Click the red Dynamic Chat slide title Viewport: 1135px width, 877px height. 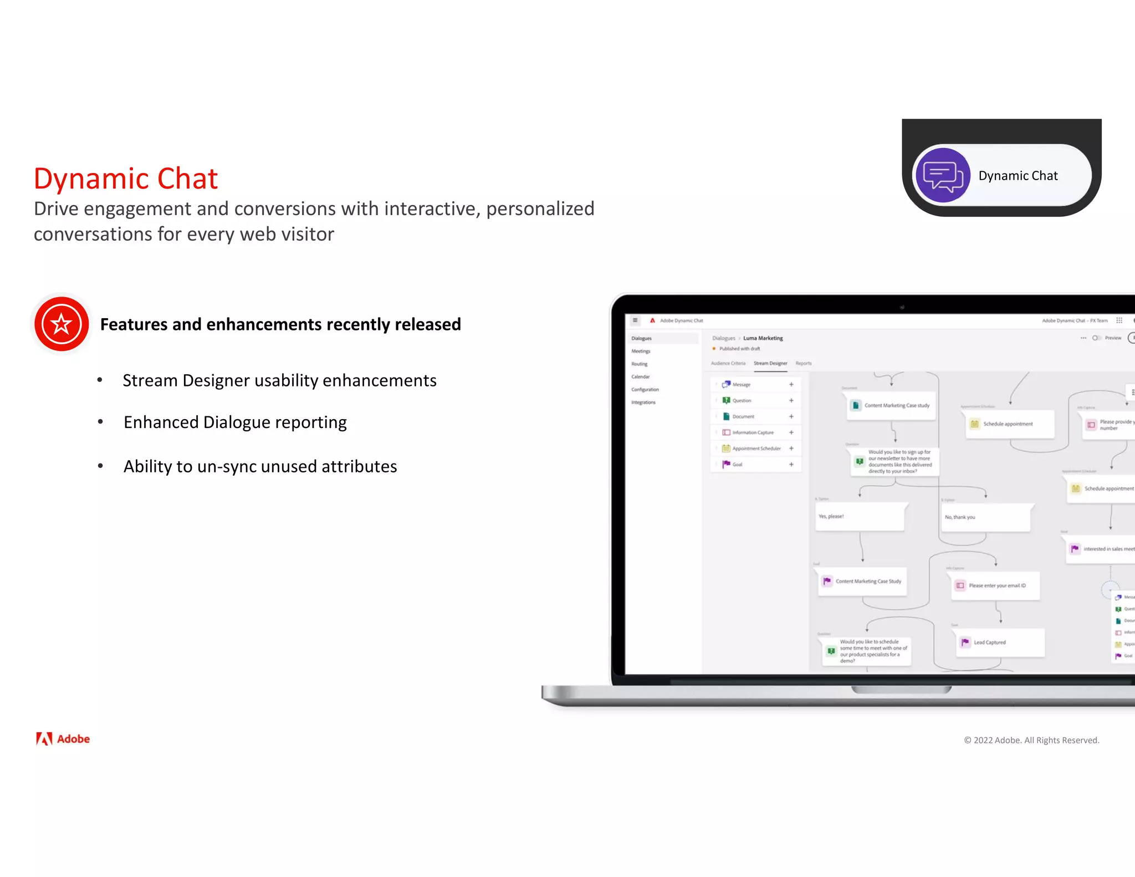pos(126,179)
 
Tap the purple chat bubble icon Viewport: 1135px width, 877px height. pos(942,175)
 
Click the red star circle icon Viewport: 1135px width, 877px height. pos(62,324)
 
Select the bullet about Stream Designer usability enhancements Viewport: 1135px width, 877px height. pos(279,380)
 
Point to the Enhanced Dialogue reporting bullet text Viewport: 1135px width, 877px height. pos(235,422)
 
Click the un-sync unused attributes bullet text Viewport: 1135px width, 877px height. pos(260,466)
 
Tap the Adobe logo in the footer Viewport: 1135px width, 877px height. pos(63,738)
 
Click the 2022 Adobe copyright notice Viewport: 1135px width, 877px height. pos(1031,740)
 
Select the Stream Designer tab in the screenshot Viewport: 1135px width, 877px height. pos(770,364)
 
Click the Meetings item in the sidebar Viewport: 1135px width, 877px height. pos(641,351)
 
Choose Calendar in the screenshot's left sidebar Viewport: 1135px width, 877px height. pos(640,377)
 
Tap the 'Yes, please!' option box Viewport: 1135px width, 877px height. pos(859,517)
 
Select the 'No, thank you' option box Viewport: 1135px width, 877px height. pos(985,517)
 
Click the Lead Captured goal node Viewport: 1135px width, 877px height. pos(1001,643)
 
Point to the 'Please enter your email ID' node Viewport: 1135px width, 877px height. pos(995,585)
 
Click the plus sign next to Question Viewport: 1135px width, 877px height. pos(791,400)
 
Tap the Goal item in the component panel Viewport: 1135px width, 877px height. pos(737,465)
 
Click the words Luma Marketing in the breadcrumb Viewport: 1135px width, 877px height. pos(763,338)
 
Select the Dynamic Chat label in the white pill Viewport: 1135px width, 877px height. pos(1018,176)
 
